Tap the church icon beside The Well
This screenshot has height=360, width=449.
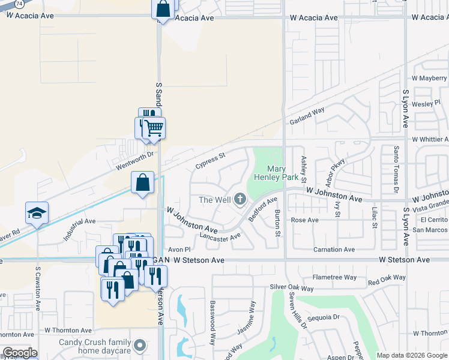point(240,199)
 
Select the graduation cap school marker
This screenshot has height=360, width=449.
point(37,213)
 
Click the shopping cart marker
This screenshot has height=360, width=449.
point(154,127)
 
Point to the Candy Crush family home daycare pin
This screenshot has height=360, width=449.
point(140,346)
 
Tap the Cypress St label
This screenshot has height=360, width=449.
point(210,160)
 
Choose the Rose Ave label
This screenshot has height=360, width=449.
point(304,220)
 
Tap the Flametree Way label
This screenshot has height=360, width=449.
point(334,277)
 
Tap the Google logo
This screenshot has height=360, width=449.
point(20,353)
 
